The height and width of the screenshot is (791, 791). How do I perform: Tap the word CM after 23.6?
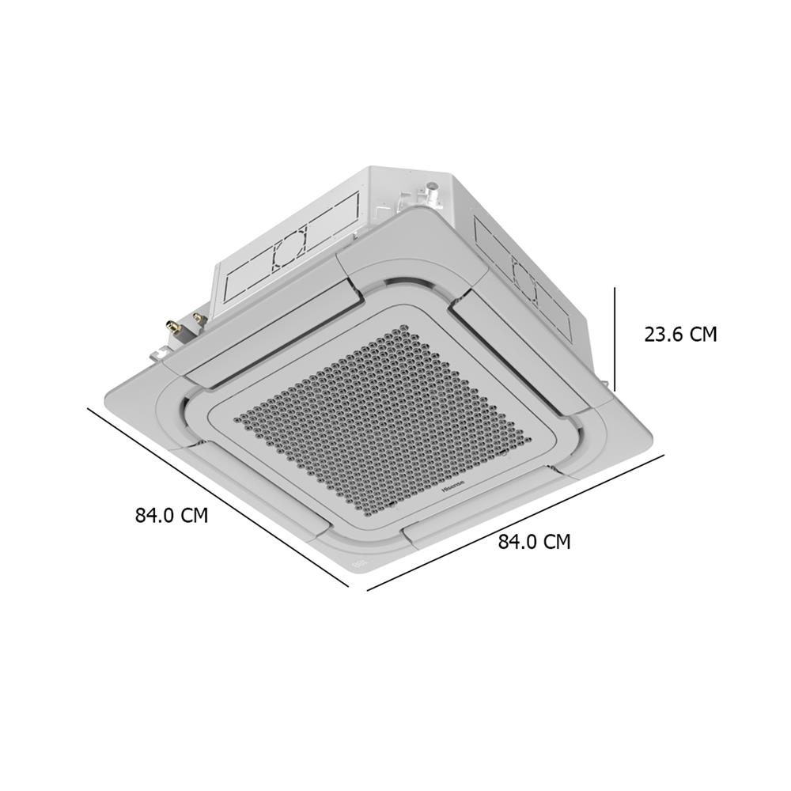(702, 334)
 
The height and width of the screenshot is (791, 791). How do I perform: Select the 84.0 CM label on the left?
(171, 516)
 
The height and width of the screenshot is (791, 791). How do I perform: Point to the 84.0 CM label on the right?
(534, 542)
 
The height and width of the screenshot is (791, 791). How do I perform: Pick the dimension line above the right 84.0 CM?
(515, 522)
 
